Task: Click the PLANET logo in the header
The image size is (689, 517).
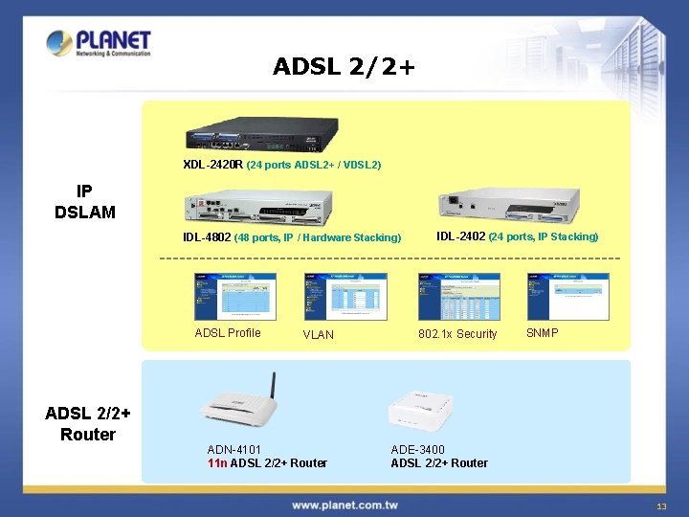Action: (99, 43)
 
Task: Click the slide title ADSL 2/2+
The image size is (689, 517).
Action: (344, 66)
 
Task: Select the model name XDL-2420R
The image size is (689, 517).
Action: (212, 165)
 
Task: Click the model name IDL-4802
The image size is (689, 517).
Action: (207, 237)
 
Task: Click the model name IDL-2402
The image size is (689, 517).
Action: (461, 236)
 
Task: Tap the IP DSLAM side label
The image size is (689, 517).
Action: (84, 201)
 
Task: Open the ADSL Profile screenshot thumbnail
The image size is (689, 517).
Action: (234, 297)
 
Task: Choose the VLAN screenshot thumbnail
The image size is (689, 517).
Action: (345, 297)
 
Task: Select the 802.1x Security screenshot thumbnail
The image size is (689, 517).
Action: (458, 297)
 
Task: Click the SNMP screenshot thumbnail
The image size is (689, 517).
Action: (567, 297)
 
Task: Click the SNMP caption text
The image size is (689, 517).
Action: (543, 333)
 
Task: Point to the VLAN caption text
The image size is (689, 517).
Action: (319, 334)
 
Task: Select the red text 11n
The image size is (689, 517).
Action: (217, 463)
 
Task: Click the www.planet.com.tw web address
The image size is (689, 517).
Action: (344, 505)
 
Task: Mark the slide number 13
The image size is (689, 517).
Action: (660, 506)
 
